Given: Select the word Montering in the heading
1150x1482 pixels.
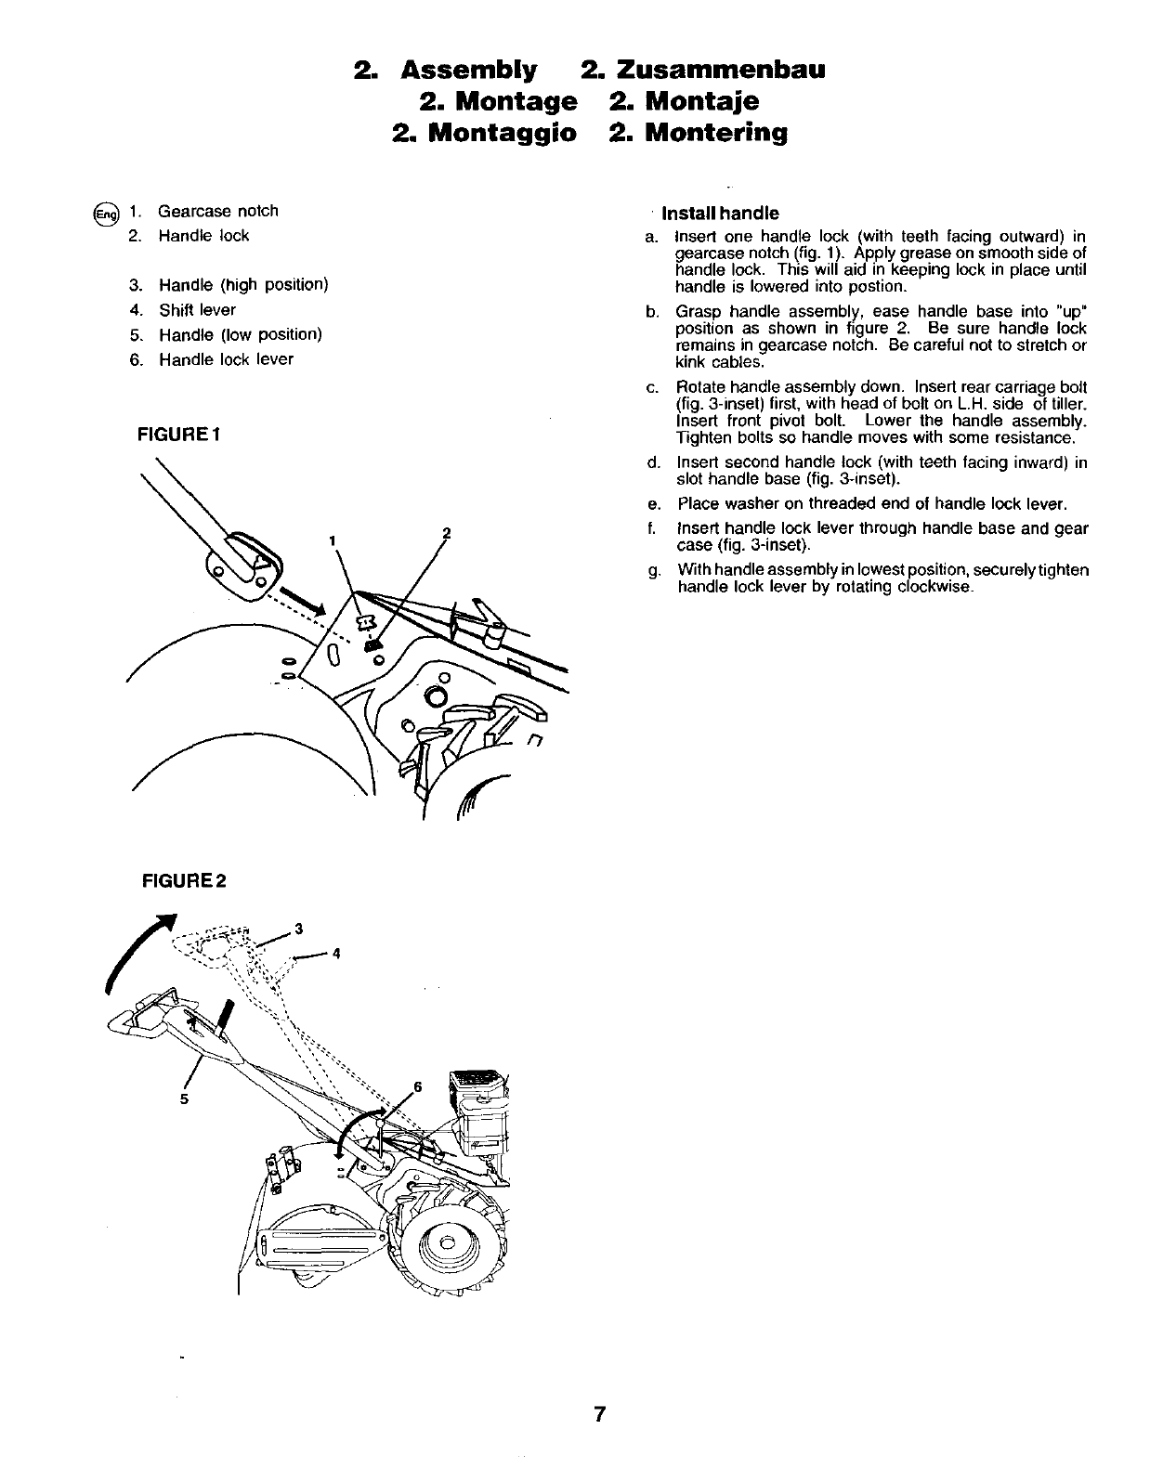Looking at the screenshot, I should (716, 133).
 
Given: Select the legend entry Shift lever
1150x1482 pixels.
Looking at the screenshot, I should (197, 310).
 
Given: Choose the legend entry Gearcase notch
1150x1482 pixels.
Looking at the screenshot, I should (217, 211).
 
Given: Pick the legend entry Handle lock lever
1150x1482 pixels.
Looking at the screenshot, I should (226, 359).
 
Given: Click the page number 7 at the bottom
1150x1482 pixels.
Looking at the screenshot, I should (600, 1414).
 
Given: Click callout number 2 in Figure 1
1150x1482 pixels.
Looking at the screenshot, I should (446, 533).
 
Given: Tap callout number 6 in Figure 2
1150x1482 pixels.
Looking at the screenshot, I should (417, 1086).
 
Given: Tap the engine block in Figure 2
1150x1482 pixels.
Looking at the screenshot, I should (481, 1114).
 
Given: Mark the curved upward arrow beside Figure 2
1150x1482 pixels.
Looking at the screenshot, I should (135, 956).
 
